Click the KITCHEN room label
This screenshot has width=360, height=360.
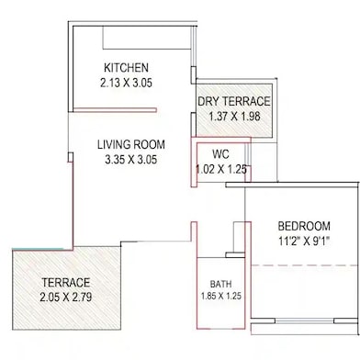click(x=126, y=68)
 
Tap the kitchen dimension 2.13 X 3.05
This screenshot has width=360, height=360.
click(x=126, y=83)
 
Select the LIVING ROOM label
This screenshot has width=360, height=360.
click(x=131, y=144)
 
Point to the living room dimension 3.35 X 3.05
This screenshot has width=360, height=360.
click(x=131, y=160)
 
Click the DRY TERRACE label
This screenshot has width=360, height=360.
click(x=234, y=101)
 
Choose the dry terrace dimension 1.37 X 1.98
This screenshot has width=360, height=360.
click(x=234, y=117)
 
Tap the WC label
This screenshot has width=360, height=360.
click(x=220, y=154)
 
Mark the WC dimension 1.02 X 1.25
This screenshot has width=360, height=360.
click(x=221, y=170)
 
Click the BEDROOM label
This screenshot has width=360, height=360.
click(x=304, y=227)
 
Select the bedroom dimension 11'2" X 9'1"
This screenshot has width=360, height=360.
click(x=304, y=242)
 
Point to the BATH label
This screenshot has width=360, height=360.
click(x=220, y=284)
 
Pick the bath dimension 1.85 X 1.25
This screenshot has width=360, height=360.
click(x=221, y=296)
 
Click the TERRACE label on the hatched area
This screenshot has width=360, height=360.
click(x=66, y=283)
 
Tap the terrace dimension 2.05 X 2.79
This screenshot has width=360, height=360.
click(x=66, y=298)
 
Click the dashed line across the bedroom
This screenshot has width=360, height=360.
click(x=305, y=265)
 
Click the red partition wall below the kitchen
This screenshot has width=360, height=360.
click(x=115, y=110)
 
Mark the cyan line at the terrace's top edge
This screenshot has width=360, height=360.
click(x=38, y=249)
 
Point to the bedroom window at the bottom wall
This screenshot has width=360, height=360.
click(x=304, y=321)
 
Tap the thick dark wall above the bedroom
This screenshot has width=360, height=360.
click(x=292, y=185)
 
